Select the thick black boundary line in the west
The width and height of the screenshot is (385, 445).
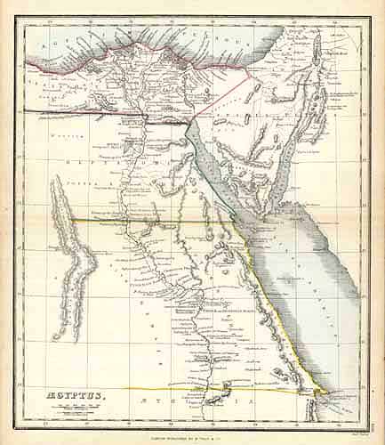pyautogui.click(x=71, y=110)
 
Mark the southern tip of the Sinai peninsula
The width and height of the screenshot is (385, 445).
pyautogui.click(x=263, y=214)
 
